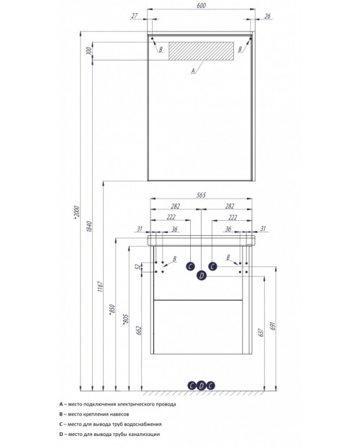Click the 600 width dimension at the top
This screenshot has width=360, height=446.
(201, 6)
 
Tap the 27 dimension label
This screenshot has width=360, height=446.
(135, 16)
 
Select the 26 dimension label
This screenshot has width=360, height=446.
(267, 16)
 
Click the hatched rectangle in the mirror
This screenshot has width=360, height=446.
(201, 51)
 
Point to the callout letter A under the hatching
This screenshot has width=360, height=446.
(193, 70)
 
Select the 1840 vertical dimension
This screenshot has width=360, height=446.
(89, 227)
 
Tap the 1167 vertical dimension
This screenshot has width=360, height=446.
(100, 286)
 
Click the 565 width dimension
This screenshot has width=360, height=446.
(201, 195)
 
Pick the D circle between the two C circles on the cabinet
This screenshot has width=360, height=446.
(202, 276)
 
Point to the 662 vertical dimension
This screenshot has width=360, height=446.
(139, 330)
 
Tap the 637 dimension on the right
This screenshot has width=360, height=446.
(261, 332)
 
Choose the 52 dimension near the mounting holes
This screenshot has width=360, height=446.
(138, 267)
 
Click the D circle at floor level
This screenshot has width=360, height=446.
(201, 386)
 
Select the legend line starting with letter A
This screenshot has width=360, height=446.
(117, 404)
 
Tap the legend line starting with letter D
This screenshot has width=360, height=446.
(109, 434)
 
